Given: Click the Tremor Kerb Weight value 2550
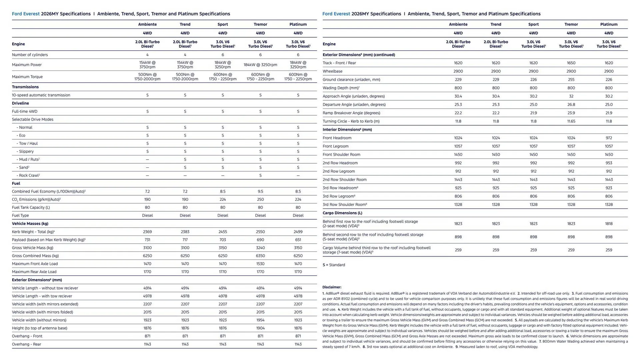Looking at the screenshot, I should pos(260,232).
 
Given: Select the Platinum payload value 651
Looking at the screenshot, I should pos(298,240).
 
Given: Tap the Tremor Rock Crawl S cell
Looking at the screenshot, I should pos(260,175).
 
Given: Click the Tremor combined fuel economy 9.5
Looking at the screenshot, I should pos(260,191).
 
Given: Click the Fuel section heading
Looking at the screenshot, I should pos(16,183).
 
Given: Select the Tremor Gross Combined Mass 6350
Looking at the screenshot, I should pos(260,256).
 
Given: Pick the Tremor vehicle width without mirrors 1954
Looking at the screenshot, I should pos(260,320).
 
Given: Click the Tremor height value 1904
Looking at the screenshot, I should pos(260,328).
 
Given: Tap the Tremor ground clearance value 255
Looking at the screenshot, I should pos(571,80).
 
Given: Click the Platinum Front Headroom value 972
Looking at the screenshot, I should pos(609,138).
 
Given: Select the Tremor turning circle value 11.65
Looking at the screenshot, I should pos(571,121).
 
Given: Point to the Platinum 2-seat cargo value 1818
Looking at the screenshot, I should pos(609,224).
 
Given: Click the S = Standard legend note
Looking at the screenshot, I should pos(334,265).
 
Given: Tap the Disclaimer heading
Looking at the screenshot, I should pos(332,287).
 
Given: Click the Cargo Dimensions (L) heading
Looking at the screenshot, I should pos(342,213).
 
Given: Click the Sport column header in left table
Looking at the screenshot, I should pos(223,24).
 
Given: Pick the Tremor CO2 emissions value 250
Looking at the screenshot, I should pos(260,199).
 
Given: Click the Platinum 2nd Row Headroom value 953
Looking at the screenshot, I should pos(609,163).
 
